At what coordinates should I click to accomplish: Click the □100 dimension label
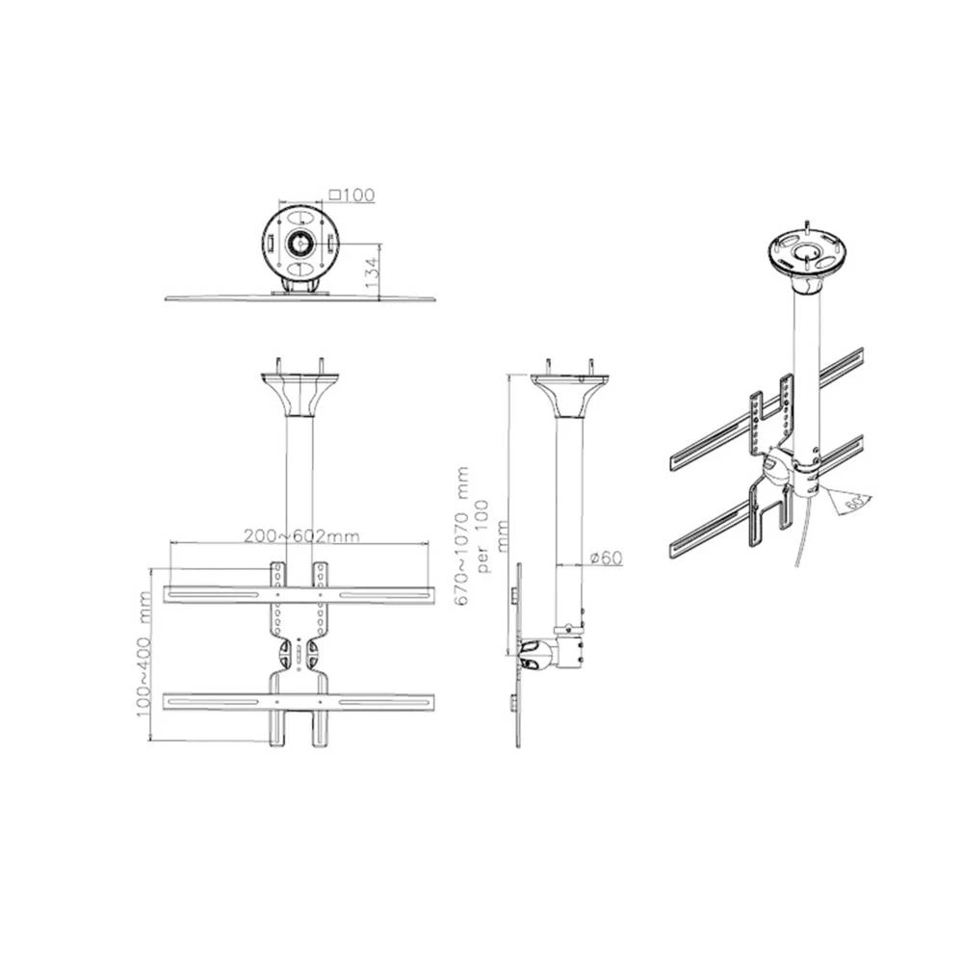351,195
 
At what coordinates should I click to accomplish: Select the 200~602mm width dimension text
300,535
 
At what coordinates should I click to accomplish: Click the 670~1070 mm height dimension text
463,536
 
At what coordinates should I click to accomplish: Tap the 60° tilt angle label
850,502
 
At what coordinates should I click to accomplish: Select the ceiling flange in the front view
300,395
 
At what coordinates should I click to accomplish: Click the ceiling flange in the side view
569,395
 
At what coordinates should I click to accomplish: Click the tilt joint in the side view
539,655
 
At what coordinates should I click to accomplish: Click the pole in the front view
300,481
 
